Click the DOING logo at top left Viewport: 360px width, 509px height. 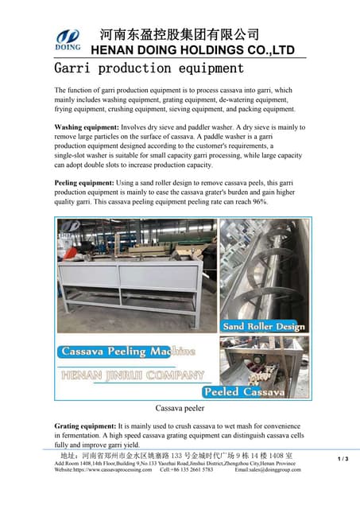[67, 41]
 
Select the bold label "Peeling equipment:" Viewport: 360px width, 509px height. [82, 183]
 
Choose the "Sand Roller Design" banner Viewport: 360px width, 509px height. [264, 326]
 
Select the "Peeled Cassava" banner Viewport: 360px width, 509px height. [244, 392]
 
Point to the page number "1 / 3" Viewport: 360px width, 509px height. [343, 459]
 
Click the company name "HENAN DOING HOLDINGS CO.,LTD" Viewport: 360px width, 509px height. [192, 50]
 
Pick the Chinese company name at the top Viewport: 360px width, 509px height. [178, 34]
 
